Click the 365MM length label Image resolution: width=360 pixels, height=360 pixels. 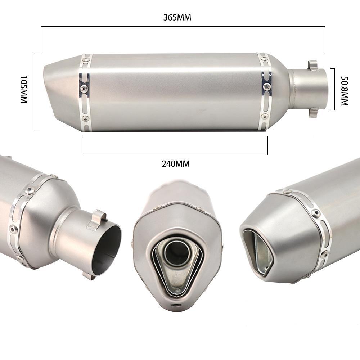click(177, 17)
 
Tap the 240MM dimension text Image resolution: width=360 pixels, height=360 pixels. click(176, 164)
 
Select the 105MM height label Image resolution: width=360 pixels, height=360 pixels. click(24, 90)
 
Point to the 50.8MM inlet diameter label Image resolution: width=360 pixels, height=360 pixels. click(345, 91)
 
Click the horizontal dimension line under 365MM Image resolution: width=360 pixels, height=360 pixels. click(183, 27)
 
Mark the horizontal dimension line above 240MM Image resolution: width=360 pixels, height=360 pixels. click(175, 155)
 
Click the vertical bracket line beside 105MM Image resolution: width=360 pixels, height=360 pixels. click(33, 93)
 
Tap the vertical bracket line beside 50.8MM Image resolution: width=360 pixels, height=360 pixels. click(334, 89)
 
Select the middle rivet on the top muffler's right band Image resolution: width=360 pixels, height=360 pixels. click(266, 86)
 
